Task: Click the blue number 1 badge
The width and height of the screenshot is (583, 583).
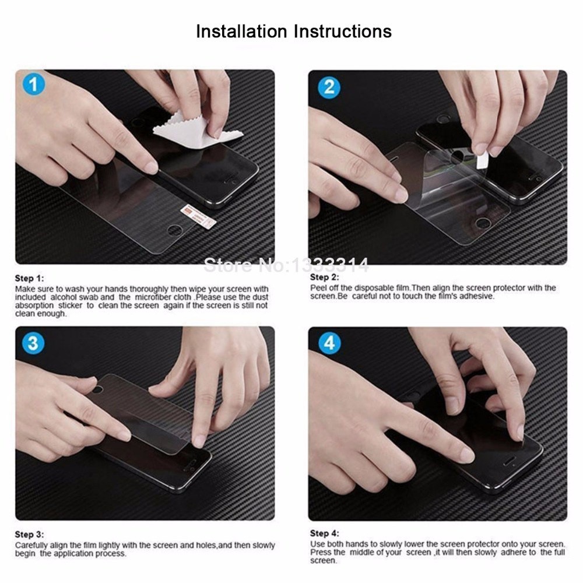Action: (x=33, y=84)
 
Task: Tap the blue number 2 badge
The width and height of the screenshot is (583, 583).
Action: (x=329, y=87)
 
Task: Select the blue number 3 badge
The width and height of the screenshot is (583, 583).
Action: (x=33, y=343)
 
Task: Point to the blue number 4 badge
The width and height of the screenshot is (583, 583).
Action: (x=329, y=343)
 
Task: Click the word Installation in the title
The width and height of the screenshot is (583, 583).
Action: (x=242, y=31)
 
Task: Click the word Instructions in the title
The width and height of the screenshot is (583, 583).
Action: (x=343, y=31)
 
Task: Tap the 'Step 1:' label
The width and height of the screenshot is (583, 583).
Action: (x=29, y=279)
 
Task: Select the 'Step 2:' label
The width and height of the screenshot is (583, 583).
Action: (x=325, y=278)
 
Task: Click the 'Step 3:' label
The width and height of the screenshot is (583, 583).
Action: (x=29, y=535)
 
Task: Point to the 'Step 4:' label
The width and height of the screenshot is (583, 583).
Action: (x=325, y=533)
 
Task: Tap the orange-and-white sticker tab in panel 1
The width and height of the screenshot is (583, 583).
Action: (x=198, y=216)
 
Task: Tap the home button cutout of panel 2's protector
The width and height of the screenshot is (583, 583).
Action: (x=483, y=223)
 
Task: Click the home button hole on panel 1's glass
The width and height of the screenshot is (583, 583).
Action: (x=175, y=230)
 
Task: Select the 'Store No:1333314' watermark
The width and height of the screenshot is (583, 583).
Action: (x=286, y=265)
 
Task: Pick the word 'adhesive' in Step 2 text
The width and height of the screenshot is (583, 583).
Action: (x=477, y=296)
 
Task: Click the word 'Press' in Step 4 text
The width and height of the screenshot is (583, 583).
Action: (x=321, y=553)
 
